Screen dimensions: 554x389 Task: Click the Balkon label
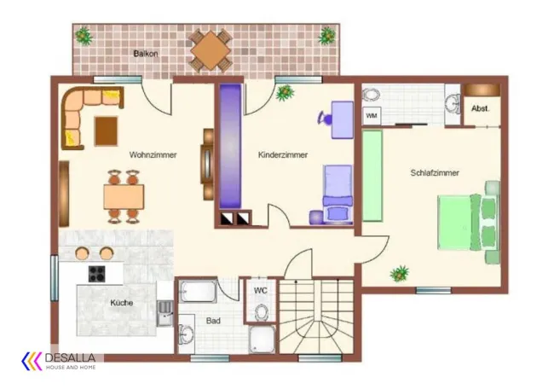(146, 54)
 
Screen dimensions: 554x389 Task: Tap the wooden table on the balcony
(211, 50)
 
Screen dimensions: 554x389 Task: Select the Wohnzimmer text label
(153, 154)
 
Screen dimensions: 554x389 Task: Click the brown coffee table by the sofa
(106, 131)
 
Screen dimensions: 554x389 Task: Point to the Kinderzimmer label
(283, 154)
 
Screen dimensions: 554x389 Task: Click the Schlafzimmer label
(435, 172)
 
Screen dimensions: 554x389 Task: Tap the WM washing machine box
(372, 115)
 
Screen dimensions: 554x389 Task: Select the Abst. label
(481, 108)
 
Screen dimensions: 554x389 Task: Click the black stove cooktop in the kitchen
(96, 274)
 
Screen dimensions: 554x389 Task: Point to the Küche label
(122, 303)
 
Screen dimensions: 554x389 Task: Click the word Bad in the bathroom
(213, 321)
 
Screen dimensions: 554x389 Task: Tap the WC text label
(261, 291)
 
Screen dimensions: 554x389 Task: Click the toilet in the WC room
(261, 312)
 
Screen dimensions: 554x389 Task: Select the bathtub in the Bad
(198, 292)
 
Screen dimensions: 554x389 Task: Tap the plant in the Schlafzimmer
(400, 273)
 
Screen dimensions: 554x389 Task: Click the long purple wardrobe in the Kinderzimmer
(230, 146)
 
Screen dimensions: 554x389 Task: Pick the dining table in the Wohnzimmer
(124, 196)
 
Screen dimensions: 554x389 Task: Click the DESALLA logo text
(70, 357)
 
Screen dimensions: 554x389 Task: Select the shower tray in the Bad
(262, 340)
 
